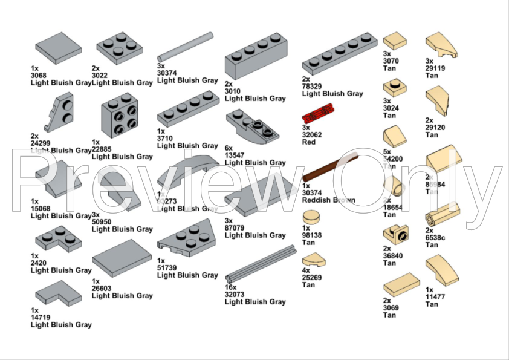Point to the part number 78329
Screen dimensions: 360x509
point(314,86)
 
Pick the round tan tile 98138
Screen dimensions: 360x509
point(310,217)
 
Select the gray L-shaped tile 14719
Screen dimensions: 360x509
point(58,293)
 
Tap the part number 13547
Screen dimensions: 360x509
point(236,155)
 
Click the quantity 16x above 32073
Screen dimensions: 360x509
point(231,287)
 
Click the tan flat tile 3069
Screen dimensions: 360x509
point(400,284)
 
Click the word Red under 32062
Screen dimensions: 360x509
point(309,143)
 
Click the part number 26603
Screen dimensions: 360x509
point(103,288)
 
